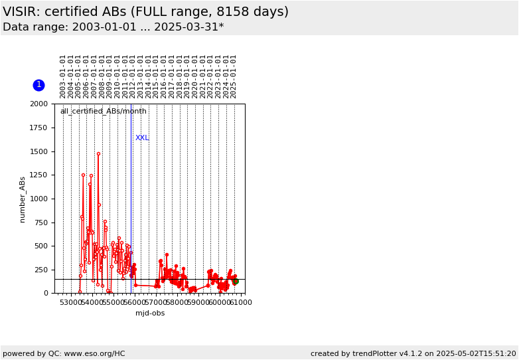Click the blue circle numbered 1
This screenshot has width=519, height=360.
(x=38, y=85)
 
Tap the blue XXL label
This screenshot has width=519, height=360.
(x=142, y=137)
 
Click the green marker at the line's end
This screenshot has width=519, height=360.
(x=236, y=281)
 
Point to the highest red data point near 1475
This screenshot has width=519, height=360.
(x=98, y=153)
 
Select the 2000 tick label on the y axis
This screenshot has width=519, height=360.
(x=39, y=104)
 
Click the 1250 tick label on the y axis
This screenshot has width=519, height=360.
(x=39, y=175)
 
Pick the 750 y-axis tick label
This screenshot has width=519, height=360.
(x=41, y=223)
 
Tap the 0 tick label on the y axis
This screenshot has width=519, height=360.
(x=46, y=293)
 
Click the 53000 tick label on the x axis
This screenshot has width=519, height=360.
(x=72, y=302)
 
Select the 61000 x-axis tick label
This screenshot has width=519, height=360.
(x=242, y=302)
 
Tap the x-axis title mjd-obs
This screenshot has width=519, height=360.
(x=150, y=313)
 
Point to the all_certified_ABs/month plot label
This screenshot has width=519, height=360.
(x=104, y=112)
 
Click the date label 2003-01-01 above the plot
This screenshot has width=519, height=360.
(x=62, y=77)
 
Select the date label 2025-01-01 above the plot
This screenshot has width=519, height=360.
(x=234, y=77)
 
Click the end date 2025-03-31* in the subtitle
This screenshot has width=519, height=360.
(x=189, y=27)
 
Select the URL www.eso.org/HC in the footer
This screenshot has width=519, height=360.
(x=95, y=354)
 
